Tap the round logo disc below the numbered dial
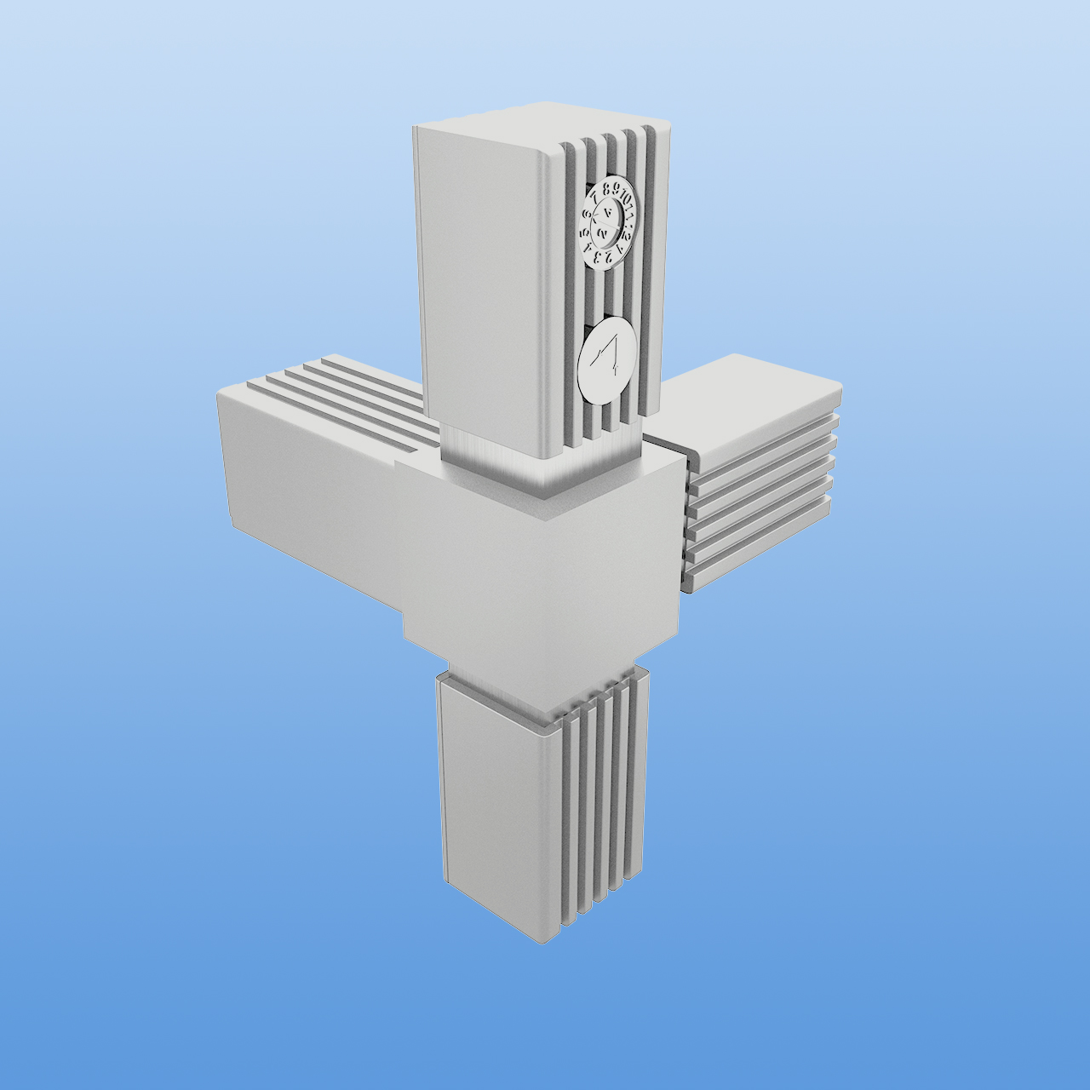(607, 359)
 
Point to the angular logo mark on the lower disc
(608, 355)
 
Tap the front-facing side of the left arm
(307, 477)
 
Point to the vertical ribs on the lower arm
(600, 792)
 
